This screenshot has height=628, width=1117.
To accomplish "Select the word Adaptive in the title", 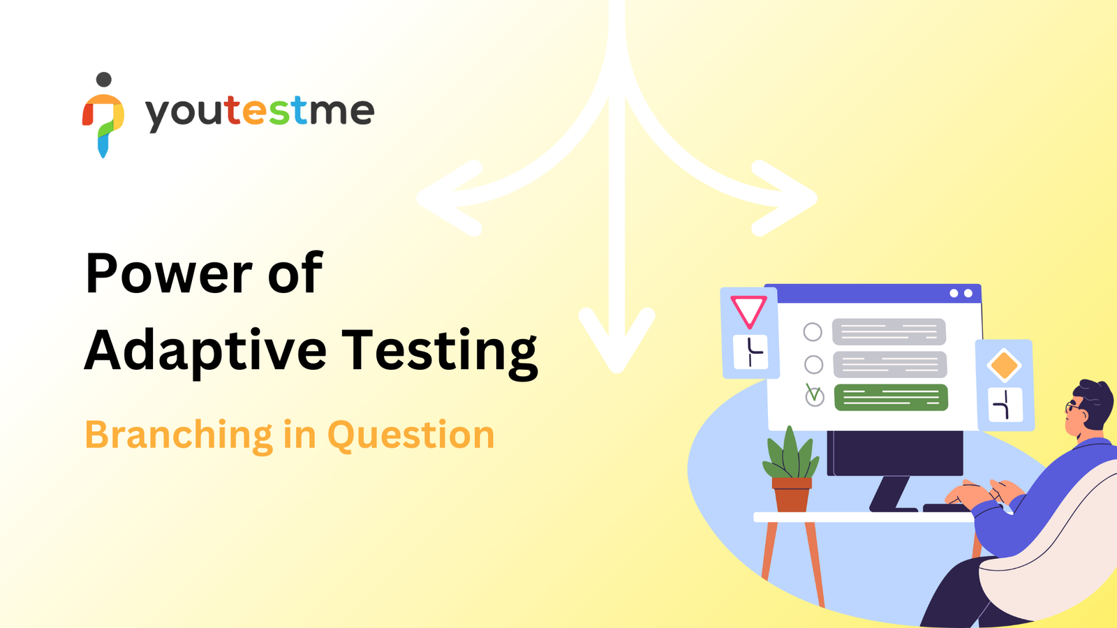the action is tap(205, 352).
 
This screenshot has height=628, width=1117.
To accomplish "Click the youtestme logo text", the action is tap(260, 112).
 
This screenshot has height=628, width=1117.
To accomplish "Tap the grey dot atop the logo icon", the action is tap(104, 80).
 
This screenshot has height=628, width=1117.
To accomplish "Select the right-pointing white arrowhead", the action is tap(785, 198).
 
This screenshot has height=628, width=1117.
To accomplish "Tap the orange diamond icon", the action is tap(1005, 366).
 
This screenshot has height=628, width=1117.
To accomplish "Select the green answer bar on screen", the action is tap(891, 398).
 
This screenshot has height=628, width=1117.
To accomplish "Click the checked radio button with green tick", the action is tap(815, 396).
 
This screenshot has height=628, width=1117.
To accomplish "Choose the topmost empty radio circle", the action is tap(813, 331).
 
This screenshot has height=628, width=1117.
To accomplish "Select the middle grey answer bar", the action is tap(890, 364).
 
